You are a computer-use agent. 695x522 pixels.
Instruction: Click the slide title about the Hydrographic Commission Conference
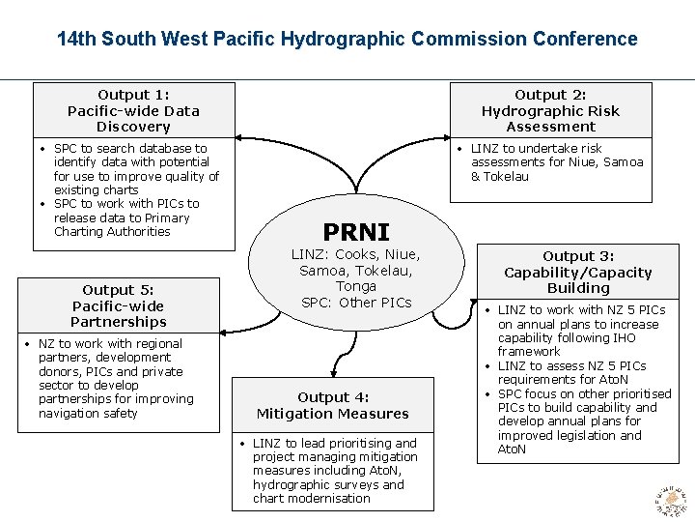(x=347, y=39)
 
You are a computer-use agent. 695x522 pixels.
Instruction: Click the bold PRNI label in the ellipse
(x=356, y=232)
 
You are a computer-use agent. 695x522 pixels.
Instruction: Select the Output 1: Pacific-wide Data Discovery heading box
(x=133, y=110)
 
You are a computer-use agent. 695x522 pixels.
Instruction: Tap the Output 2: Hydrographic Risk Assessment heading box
(x=550, y=110)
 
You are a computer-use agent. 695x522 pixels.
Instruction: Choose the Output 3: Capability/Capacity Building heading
(x=577, y=272)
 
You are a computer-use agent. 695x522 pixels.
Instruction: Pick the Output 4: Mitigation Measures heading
(x=332, y=405)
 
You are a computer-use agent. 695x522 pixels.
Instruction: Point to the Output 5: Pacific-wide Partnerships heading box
(x=119, y=305)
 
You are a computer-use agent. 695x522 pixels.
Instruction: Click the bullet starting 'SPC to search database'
(x=134, y=169)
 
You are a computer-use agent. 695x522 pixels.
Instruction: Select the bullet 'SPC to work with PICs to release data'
(x=125, y=217)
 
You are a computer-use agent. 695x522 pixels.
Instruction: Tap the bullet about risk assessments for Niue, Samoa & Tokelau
(x=556, y=162)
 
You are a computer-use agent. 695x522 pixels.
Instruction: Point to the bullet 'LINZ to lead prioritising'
(x=334, y=471)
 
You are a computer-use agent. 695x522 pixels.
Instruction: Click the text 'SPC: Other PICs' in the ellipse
(x=356, y=303)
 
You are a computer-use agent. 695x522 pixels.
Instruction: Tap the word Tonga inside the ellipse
(x=356, y=286)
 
